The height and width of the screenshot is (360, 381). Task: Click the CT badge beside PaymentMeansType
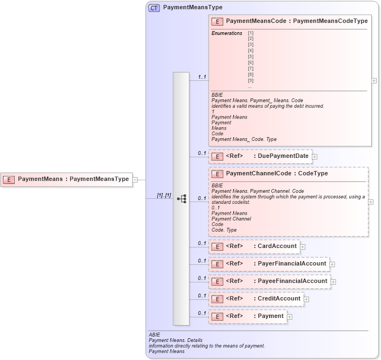point(154,8)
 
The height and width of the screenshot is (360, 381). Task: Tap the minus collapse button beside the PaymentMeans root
point(135,179)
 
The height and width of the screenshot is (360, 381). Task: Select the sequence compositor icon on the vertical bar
point(181,199)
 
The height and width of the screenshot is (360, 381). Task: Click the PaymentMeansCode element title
point(296,21)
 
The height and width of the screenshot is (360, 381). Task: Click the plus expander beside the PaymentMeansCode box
point(374,80)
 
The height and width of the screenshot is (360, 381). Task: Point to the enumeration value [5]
point(251,56)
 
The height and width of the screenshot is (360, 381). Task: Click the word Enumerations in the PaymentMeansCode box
point(227,33)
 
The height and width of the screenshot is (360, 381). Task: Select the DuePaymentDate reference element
point(260,156)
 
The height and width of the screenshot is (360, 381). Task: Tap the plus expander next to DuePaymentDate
point(314,157)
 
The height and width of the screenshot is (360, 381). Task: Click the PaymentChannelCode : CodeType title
point(277,174)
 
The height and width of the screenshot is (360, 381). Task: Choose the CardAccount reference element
point(254,246)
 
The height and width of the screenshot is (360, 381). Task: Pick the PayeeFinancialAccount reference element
point(269,281)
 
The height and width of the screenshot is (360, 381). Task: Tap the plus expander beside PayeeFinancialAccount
point(334,282)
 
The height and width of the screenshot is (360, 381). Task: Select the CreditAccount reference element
point(256,299)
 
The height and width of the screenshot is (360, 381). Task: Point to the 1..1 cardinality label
point(201,77)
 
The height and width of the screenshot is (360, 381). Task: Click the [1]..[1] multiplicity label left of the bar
point(164,195)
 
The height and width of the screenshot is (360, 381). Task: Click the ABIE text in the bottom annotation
point(154,334)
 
